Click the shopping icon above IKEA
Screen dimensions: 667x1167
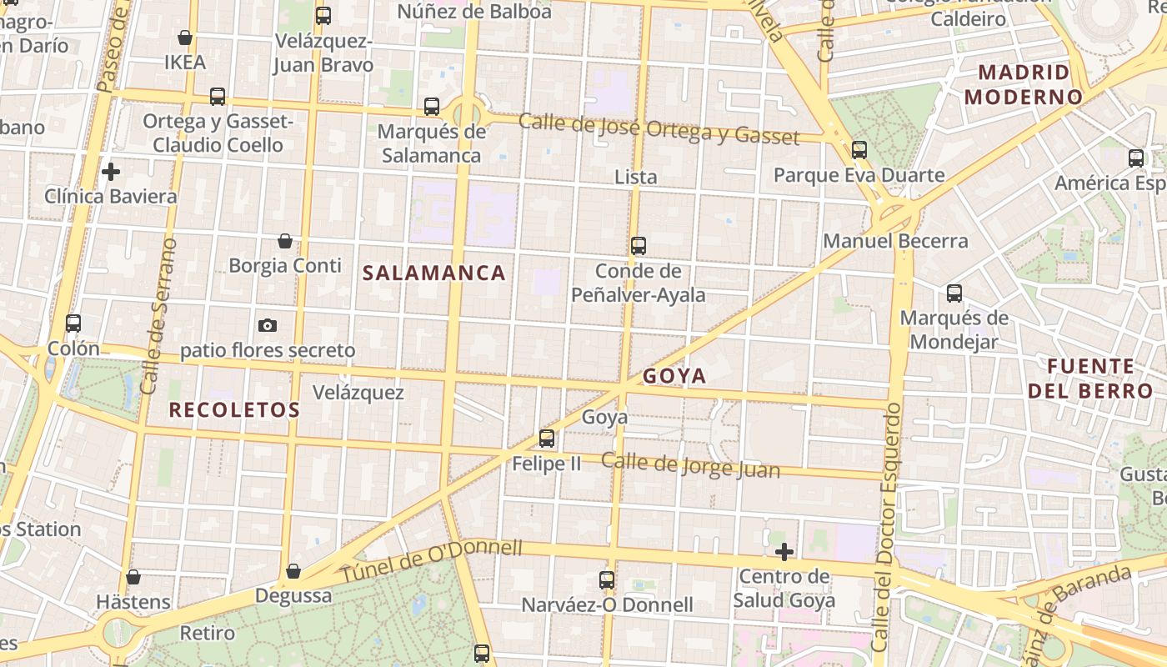click(185, 38)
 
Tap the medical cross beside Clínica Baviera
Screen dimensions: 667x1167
click(110, 172)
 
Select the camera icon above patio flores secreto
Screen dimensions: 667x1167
click(268, 325)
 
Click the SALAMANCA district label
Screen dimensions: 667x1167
click(434, 273)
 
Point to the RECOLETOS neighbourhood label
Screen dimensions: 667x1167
click(234, 409)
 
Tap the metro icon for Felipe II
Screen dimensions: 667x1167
click(547, 438)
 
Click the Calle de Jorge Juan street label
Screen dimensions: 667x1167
click(690, 465)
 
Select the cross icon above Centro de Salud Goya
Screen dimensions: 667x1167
click(784, 552)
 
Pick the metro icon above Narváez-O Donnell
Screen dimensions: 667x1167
click(607, 579)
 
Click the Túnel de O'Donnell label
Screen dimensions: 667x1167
click(431, 562)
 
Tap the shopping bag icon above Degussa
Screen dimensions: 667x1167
click(293, 571)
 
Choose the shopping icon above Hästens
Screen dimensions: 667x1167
click(133, 577)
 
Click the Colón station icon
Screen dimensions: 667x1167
click(73, 323)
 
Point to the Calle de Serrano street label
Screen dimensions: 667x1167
click(157, 316)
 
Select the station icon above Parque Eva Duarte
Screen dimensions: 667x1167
click(859, 150)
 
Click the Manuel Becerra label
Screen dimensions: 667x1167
click(895, 241)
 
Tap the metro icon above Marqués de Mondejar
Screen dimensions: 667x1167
click(954, 293)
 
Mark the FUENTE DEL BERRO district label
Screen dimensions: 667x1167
click(1089, 379)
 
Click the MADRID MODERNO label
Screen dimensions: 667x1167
click(1023, 84)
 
